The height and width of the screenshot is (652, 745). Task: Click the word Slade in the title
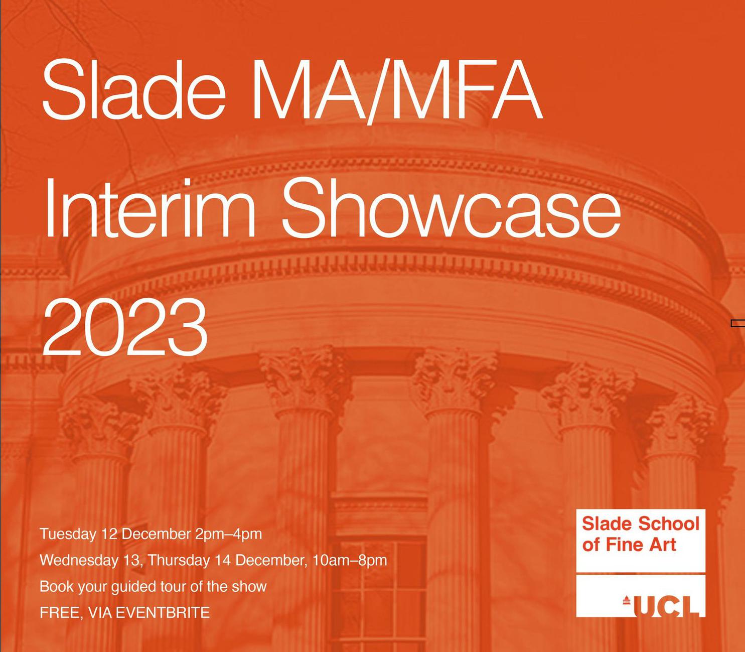pyautogui.click(x=133, y=90)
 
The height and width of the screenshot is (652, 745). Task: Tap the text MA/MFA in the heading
pyautogui.click(x=398, y=91)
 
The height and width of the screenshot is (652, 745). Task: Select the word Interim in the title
pyautogui.click(x=150, y=208)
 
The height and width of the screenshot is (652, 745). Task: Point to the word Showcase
pyautogui.click(x=451, y=208)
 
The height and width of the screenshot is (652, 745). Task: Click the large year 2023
pyautogui.click(x=125, y=327)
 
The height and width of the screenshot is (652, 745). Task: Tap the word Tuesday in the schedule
pyautogui.click(x=68, y=534)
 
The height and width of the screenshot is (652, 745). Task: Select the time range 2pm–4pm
pyautogui.click(x=229, y=535)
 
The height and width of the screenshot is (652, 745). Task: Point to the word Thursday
pyautogui.click(x=179, y=560)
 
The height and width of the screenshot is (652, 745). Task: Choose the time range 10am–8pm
pyautogui.click(x=350, y=560)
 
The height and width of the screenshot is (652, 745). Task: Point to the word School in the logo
pyautogui.click(x=669, y=524)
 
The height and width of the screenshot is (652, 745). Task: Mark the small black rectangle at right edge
pyautogui.click(x=737, y=323)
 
